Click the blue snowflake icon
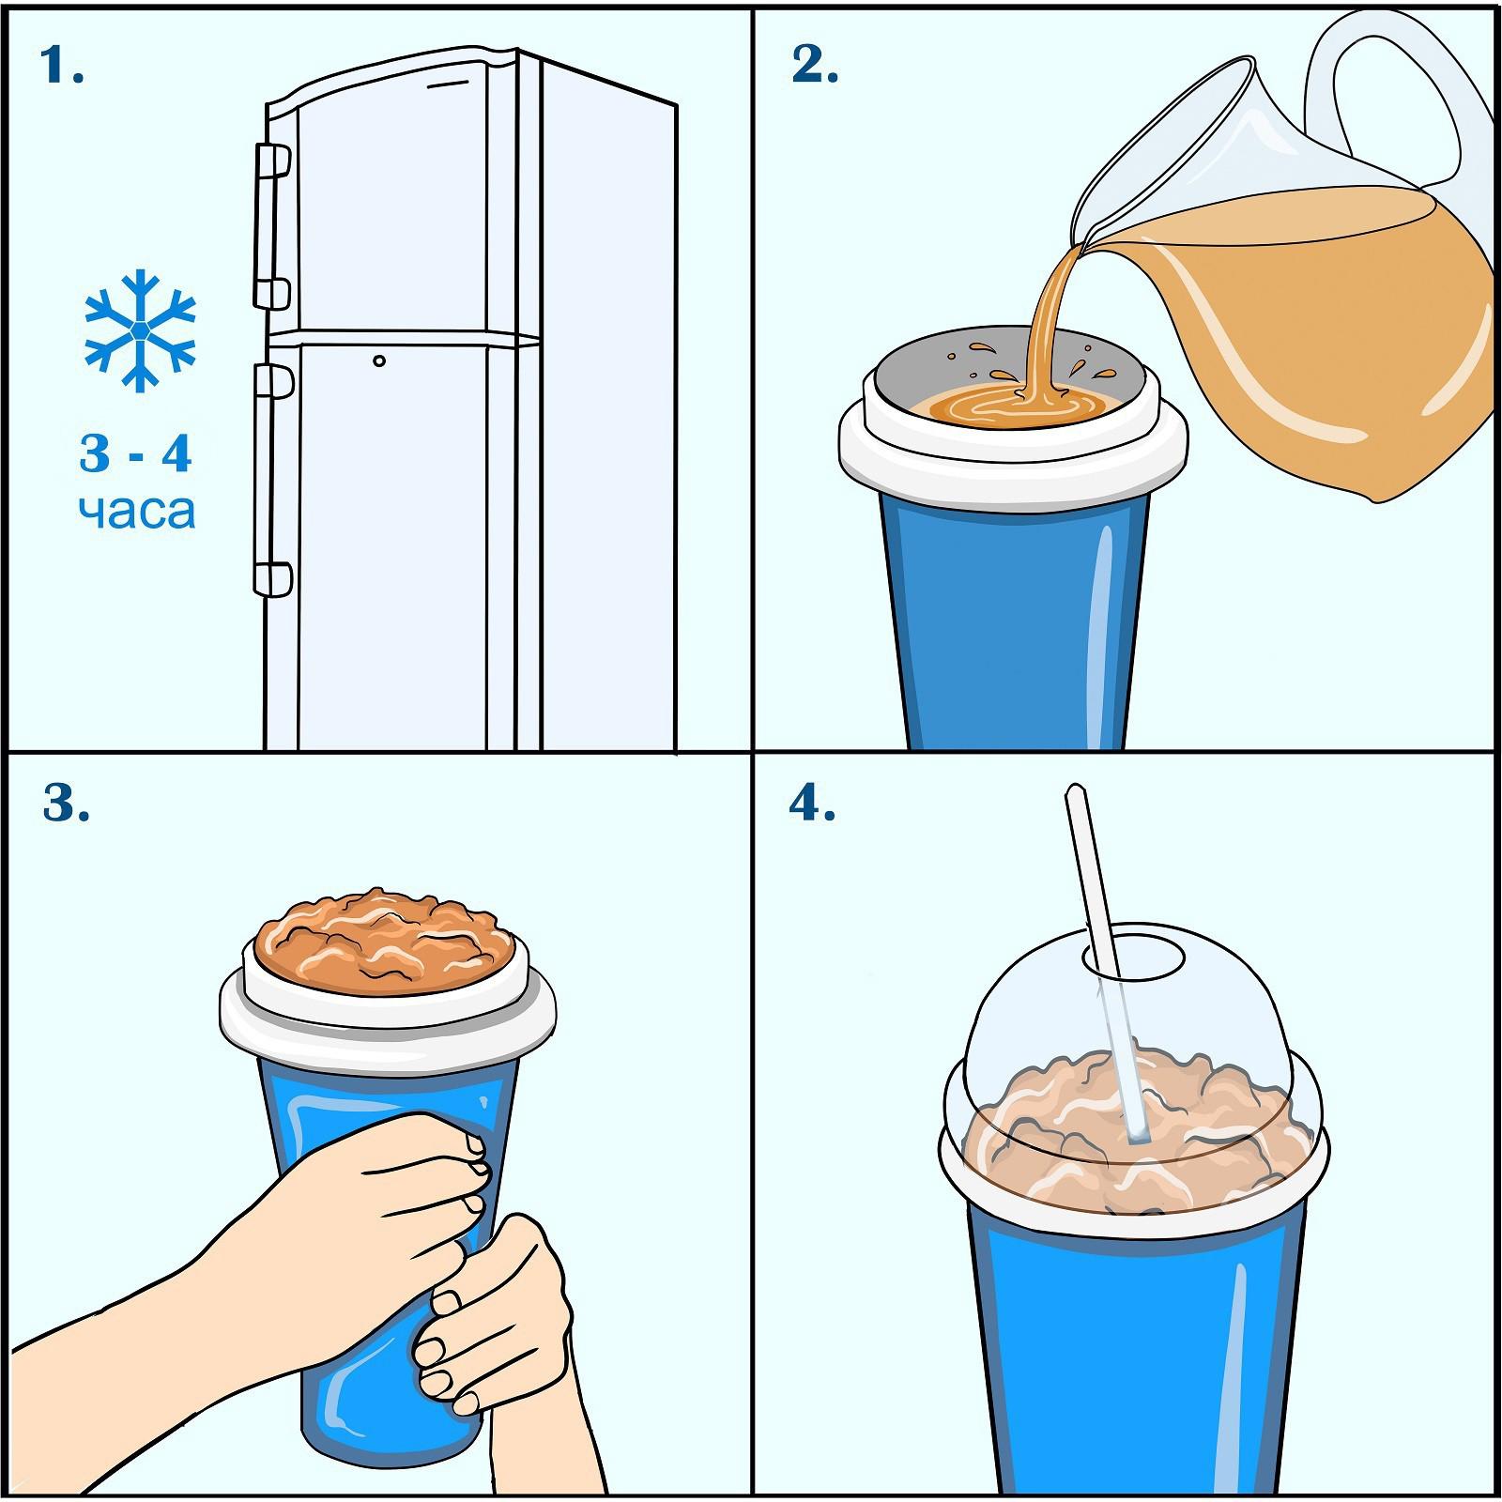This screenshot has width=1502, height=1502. pyautogui.click(x=140, y=330)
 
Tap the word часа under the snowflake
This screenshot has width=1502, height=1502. pyautogui.click(x=137, y=513)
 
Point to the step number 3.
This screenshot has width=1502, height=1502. pyautogui.click(x=66, y=803)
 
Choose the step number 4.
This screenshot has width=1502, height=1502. pyautogui.click(x=812, y=803)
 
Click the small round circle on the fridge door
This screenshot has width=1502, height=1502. pyautogui.click(x=378, y=360)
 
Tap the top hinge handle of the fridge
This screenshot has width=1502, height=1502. pyautogui.click(x=272, y=161)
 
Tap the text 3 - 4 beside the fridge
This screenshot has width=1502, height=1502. pyautogui.click(x=137, y=454)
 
